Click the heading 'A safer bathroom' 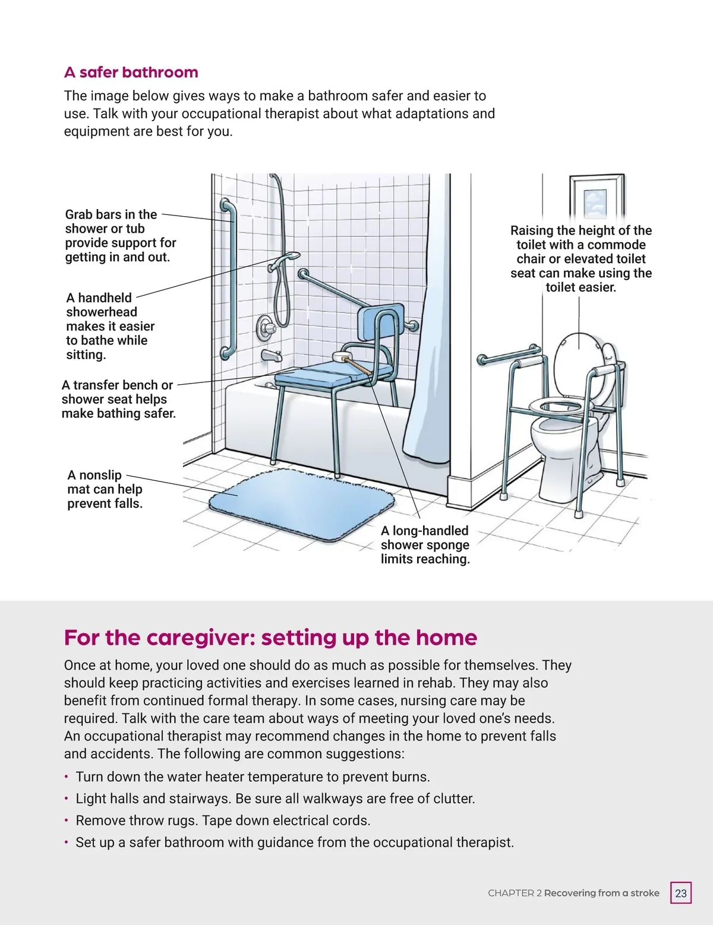tap(131, 72)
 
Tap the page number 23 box tap(681, 893)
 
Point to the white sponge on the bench tap(342, 357)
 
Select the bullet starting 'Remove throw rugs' tap(223, 821)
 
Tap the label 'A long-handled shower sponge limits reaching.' tap(425, 545)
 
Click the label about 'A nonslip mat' tap(105, 489)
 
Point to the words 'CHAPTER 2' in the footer tap(515, 893)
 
